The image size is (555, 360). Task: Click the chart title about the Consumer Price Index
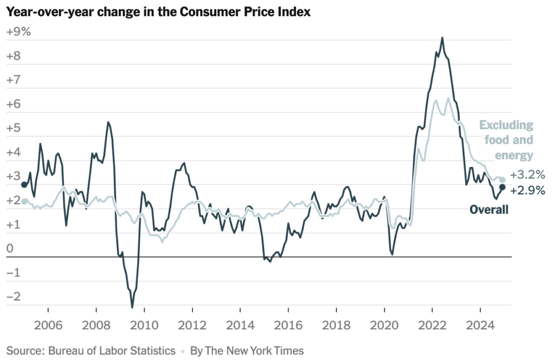pyautogui.click(x=158, y=12)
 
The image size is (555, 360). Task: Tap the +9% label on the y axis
pyautogui.click(x=18, y=32)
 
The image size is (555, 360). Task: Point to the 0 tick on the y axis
pyautogui.click(x=10, y=249)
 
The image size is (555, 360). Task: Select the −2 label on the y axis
pyautogui.click(x=14, y=297)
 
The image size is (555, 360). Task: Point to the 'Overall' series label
pyautogui.click(x=489, y=210)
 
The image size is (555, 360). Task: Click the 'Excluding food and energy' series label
pyautogui.click(x=506, y=140)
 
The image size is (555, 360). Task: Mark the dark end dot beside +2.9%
pyautogui.click(x=502, y=188)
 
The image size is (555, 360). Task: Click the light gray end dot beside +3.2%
pyautogui.click(x=502, y=179)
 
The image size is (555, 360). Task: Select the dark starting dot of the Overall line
pyautogui.click(x=24, y=185)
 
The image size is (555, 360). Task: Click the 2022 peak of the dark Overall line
pyautogui.click(x=442, y=38)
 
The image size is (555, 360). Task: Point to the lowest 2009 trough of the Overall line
pyautogui.click(x=132, y=307)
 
